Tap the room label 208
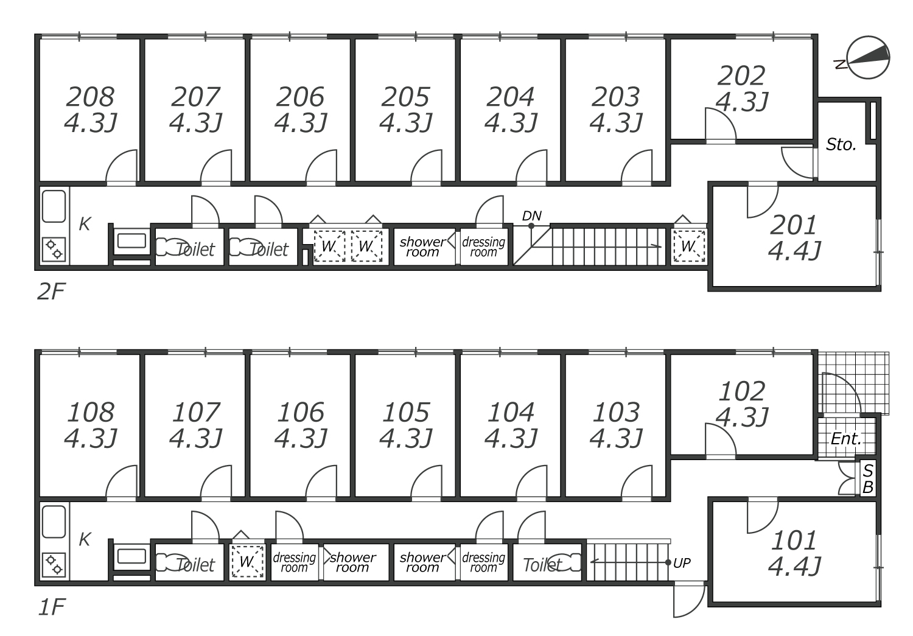pyautogui.click(x=90, y=97)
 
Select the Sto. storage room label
pyautogui.click(x=841, y=145)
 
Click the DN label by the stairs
pyautogui.click(x=531, y=215)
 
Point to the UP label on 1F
pyautogui.click(x=682, y=563)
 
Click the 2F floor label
pyautogui.click(x=51, y=292)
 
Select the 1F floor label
pyautogui.click(x=51, y=607)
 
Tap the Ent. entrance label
pyautogui.click(x=846, y=438)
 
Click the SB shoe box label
pyautogui.click(x=868, y=479)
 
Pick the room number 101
pyautogui.click(x=794, y=540)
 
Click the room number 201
pyautogui.click(x=794, y=226)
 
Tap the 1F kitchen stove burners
pyautogui.click(x=54, y=564)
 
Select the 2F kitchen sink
pyautogui.click(x=54, y=207)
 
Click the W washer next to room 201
pyautogui.click(x=688, y=246)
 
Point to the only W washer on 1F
pyautogui.click(x=247, y=562)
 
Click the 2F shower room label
pyautogui.click(x=422, y=247)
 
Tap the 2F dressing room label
pyautogui.click(x=483, y=247)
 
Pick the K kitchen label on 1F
pyautogui.click(x=85, y=539)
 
